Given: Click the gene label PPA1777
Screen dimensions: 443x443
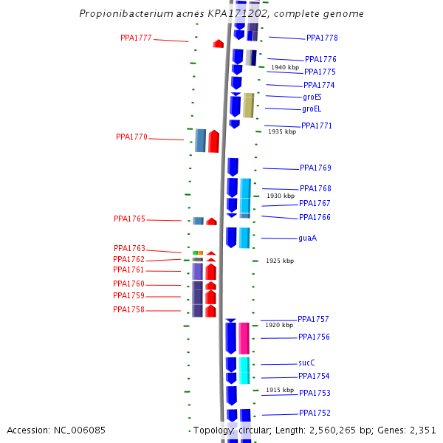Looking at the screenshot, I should coord(136,38).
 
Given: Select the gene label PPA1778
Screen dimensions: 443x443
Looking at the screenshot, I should coord(322,38).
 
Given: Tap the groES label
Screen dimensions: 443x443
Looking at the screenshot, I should coord(312,97).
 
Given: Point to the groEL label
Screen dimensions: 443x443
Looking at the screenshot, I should coord(312,109).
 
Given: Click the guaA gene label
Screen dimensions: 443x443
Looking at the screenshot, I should coord(308,238).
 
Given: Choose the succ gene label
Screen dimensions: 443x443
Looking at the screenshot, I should coord(306,363).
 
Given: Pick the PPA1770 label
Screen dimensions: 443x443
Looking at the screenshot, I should coord(131,137).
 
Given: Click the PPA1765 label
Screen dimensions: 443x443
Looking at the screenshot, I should coord(129,219).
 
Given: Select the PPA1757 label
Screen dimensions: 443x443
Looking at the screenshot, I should coord(313,319).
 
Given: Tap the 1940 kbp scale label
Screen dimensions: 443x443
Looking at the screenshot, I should coord(285,67).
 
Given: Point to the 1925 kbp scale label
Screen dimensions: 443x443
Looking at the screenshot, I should coord(280,261).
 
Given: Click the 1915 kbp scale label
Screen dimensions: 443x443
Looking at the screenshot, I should coord(280,390).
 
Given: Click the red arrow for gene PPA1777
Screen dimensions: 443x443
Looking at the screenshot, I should coord(219,44).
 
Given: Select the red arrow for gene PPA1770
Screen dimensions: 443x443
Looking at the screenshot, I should coord(213,141).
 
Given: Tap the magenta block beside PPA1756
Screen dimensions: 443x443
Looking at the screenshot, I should coord(244,337).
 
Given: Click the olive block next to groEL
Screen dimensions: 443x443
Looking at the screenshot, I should coord(249,106).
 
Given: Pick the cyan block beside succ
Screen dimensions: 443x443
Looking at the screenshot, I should coord(244,370).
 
